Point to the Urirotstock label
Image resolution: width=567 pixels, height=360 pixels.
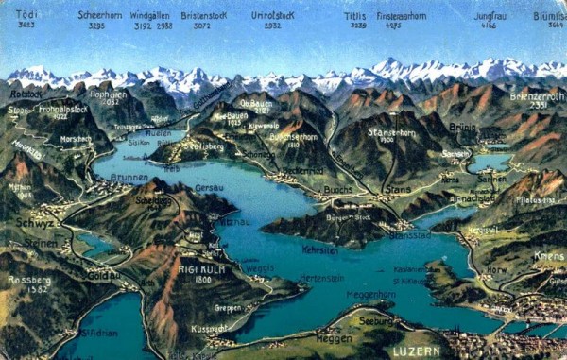coord(272,16)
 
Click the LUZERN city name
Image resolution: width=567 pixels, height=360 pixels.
coord(415,350)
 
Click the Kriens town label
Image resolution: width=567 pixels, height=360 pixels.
coord(547,255)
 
